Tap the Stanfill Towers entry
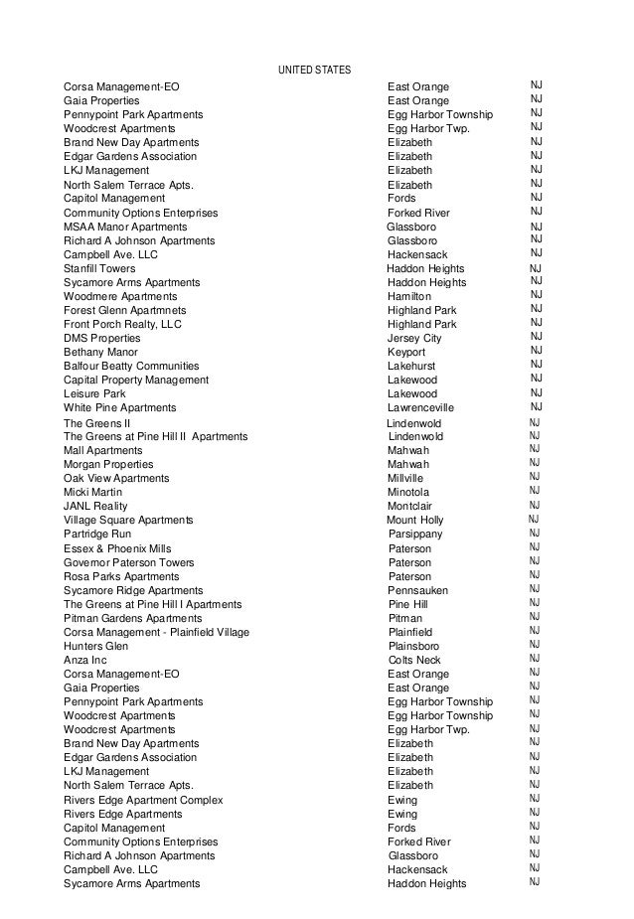(x=99, y=269)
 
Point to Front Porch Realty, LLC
(x=123, y=325)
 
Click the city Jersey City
(x=414, y=339)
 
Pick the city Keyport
(x=406, y=353)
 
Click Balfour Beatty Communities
(x=131, y=367)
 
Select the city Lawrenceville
(x=421, y=408)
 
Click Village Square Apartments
(x=128, y=521)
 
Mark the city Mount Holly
(x=415, y=521)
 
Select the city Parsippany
(x=415, y=535)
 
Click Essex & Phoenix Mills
(x=117, y=548)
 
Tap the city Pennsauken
(x=418, y=590)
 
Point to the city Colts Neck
(x=414, y=660)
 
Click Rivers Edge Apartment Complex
(x=143, y=800)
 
